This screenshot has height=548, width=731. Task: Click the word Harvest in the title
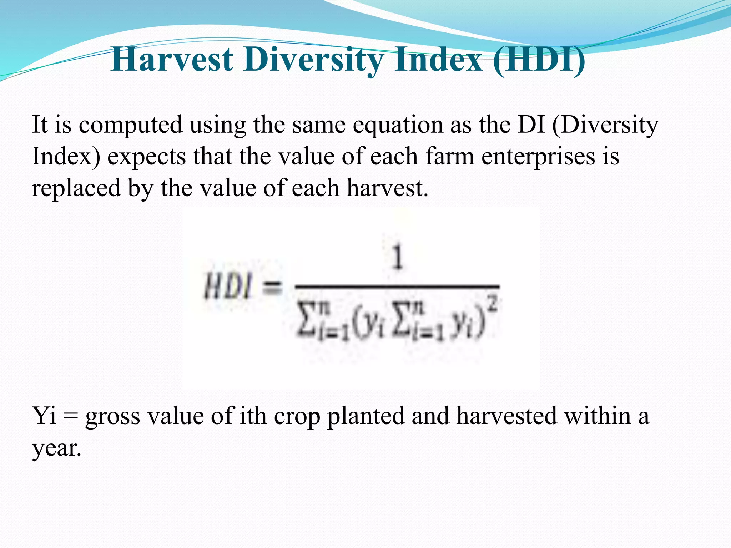(x=172, y=60)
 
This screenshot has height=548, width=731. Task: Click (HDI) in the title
(x=539, y=60)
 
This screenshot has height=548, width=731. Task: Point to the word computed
(x=130, y=125)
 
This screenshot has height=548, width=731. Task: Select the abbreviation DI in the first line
(x=531, y=125)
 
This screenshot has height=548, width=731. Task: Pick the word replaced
(x=76, y=188)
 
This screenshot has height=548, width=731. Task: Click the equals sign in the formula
(x=272, y=287)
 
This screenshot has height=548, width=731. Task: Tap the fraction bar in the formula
(x=397, y=286)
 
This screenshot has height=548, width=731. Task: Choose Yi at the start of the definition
(x=44, y=416)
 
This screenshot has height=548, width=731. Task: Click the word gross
(x=112, y=416)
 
